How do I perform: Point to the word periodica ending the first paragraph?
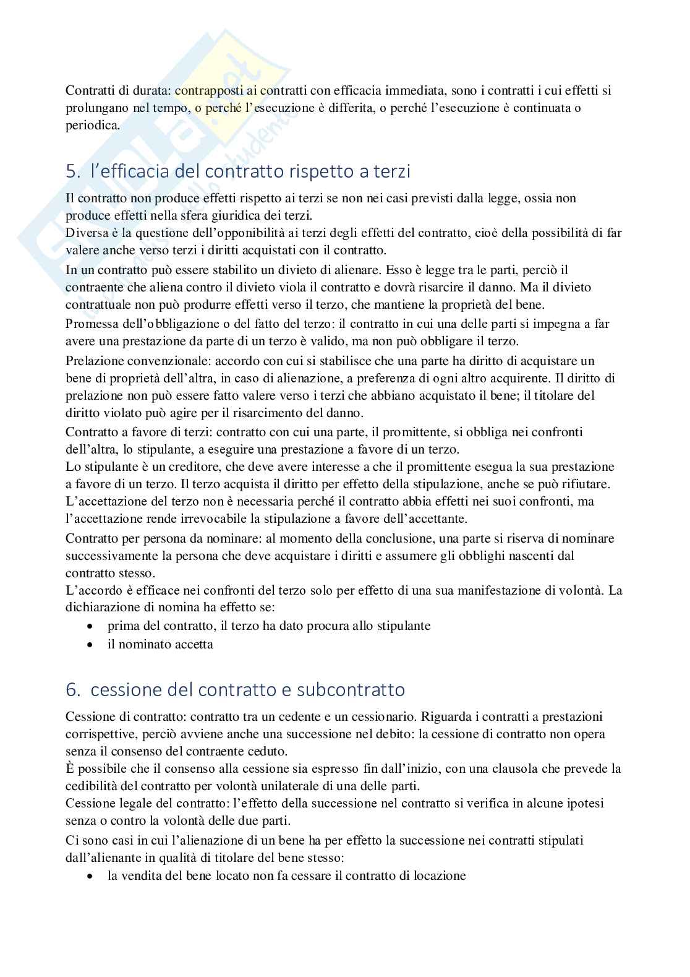pos(92,125)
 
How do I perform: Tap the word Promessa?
pos(90,324)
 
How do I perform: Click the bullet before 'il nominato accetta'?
pos(92,645)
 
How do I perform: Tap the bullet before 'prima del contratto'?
pos(92,626)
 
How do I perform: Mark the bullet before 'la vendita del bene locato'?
pos(92,877)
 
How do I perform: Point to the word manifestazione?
pos(496,590)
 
